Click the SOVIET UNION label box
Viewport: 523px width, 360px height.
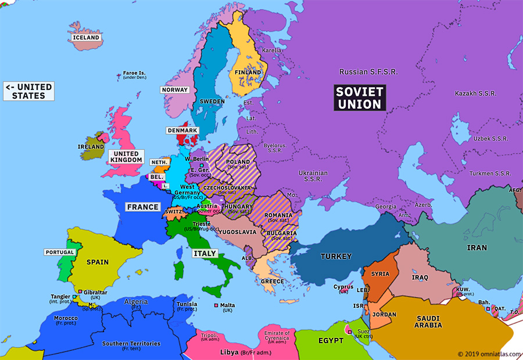[x=360, y=98]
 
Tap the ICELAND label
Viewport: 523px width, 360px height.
[x=86, y=38]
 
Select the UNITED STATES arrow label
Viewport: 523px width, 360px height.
[x=29, y=91]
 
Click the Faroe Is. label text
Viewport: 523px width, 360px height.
[x=135, y=74]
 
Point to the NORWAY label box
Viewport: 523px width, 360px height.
[x=175, y=90]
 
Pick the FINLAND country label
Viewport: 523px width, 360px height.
[x=248, y=73]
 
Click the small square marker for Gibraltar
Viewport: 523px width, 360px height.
[x=80, y=291]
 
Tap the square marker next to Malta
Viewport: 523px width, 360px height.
[x=216, y=305]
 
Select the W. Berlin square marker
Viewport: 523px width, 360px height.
[x=201, y=165]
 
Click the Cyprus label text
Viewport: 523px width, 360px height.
[x=343, y=286]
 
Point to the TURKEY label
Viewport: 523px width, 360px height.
[x=336, y=256]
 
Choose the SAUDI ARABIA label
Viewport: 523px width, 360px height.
[x=428, y=322]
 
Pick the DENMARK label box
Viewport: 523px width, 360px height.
[x=182, y=131]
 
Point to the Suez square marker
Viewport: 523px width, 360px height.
[x=349, y=332]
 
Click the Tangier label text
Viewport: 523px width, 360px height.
[x=61, y=296]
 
